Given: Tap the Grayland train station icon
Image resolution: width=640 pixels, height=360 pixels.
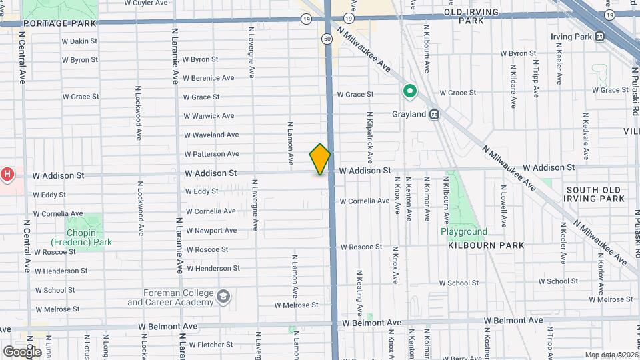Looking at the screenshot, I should click(434, 114).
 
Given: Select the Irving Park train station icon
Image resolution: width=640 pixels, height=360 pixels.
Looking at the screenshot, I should click(600, 37).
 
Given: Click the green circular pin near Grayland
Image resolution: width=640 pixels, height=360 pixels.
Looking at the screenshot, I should click(409, 91).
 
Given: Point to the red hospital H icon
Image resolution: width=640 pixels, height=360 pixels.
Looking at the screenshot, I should click(7, 175).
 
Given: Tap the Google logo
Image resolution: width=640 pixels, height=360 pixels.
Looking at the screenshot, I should click(21, 351).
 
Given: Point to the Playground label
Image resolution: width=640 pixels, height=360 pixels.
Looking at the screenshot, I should click(463, 232).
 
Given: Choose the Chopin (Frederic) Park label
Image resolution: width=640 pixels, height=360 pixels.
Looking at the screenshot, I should click(82, 242).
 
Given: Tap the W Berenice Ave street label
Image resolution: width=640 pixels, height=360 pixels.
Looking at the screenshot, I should click(209, 78).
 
